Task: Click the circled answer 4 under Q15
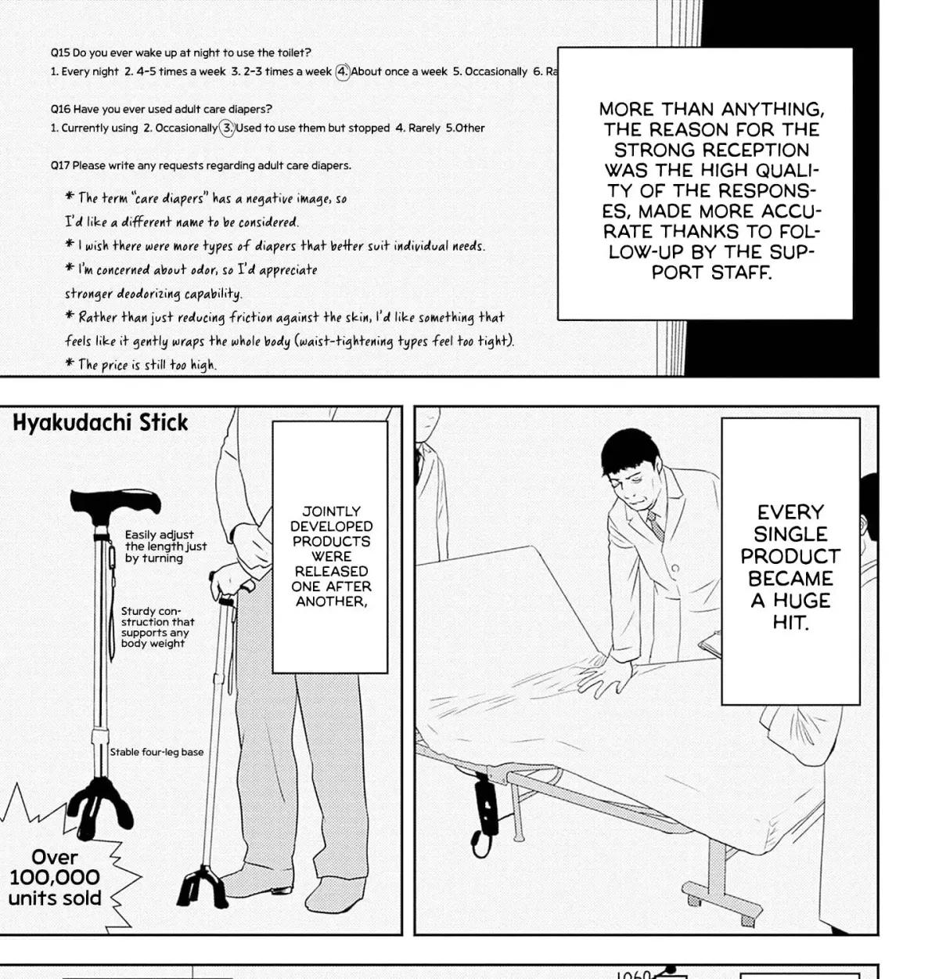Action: [x=342, y=71]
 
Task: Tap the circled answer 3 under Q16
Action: [x=228, y=128]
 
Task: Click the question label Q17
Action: [x=59, y=165]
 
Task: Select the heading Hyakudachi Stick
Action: [x=100, y=423]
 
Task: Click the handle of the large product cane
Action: [x=115, y=500]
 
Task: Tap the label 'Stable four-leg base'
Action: [x=156, y=752]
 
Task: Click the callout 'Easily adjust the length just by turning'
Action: [x=165, y=546]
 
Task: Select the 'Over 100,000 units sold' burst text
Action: [x=55, y=877]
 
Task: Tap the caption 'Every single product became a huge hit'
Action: [x=790, y=567]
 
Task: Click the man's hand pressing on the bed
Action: [x=604, y=677]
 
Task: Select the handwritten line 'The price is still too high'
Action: [x=142, y=364]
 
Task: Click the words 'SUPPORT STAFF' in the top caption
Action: [x=711, y=262]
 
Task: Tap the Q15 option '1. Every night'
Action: [x=85, y=71]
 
